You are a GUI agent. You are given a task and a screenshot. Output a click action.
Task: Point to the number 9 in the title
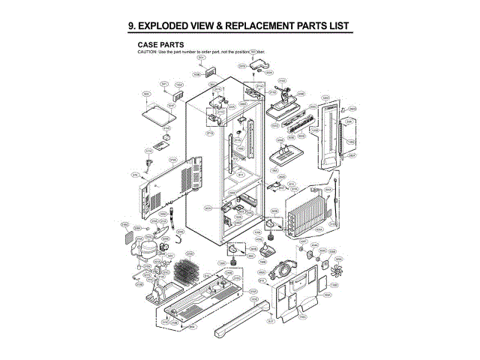tap(132, 26)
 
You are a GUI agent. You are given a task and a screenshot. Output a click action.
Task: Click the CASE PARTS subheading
tap(162, 44)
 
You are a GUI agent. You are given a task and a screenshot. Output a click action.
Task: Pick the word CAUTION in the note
tap(148, 51)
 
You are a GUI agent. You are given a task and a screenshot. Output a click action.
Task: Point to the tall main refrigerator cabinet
tap(225, 165)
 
